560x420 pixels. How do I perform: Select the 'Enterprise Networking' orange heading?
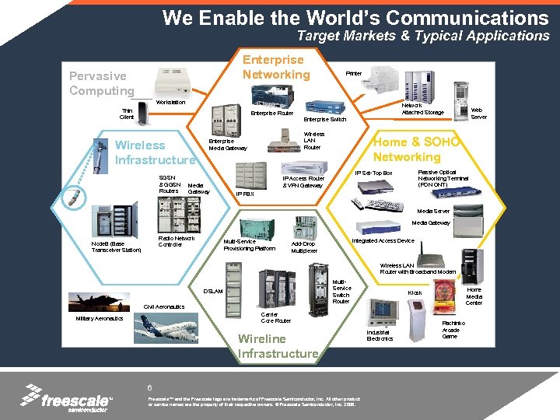point(275,68)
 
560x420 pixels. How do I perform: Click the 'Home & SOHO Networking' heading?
point(417,149)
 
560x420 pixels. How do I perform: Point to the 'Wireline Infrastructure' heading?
point(278,346)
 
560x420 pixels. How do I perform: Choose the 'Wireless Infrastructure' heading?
point(154,152)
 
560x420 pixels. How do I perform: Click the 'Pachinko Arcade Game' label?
point(452,329)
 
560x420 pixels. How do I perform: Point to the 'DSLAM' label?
point(213,291)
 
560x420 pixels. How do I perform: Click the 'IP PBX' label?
point(244,194)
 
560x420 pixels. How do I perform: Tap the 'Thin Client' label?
point(127,114)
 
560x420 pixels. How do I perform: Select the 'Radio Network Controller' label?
point(176,241)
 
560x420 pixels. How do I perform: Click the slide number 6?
point(149,387)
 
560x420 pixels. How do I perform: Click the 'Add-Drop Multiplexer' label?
point(304,247)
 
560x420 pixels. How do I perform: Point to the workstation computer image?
point(171,80)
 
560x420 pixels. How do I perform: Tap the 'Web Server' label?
point(479,114)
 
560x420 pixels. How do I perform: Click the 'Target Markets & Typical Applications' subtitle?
point(423,36)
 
